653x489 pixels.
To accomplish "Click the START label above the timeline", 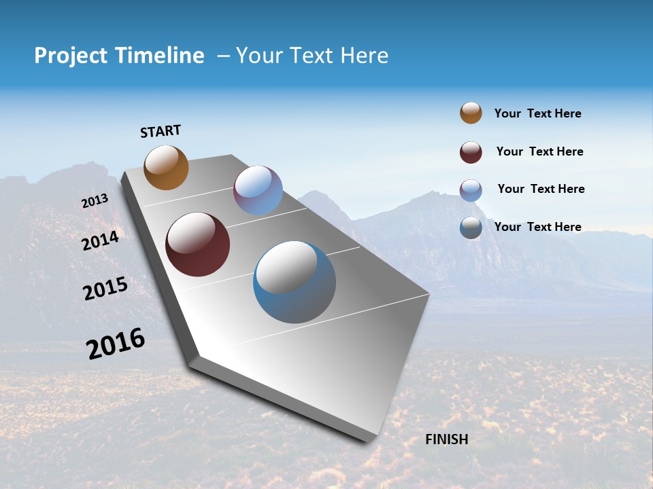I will coord(161,131).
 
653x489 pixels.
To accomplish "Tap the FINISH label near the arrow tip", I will coord(447,439).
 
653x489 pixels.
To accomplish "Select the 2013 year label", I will coord(95,201).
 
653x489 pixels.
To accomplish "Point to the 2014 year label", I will coord(101,240).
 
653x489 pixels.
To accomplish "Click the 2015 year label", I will coord(105,289).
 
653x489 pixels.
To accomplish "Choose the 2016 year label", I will coord(116,344).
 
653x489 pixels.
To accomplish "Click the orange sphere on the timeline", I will coord(167,168).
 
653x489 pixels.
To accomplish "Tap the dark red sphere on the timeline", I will coord(197,244).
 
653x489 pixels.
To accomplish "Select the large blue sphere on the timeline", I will coord(295,282).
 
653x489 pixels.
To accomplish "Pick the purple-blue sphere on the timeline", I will coord(258,190).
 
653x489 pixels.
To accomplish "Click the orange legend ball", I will coord(471,113).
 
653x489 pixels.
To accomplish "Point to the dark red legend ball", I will coord(471,152).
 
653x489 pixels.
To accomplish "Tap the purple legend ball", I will coord(471,190).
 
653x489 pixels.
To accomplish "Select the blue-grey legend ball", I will coord(471,228).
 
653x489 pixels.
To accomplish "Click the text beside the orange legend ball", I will coord(537,113).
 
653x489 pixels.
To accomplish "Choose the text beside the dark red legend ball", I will coord(539,151).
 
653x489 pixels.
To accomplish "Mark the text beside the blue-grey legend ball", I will coord(537,227).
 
